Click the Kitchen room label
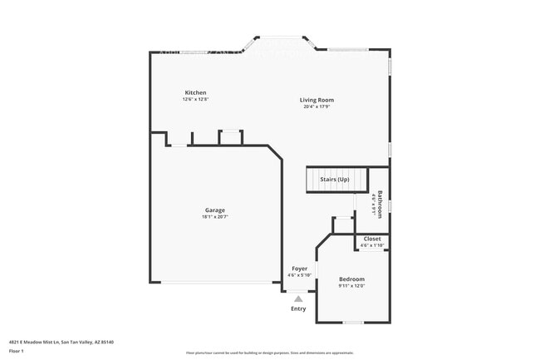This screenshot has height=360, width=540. coord(195,92)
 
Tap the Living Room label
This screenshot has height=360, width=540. coord(317,100)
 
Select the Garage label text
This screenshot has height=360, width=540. coord(214,210)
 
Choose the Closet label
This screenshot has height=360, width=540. coord(372,239)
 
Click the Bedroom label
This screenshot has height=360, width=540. coord(351,279)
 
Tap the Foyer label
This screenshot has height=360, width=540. coord(299,269)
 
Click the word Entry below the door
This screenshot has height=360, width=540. coord(298,308)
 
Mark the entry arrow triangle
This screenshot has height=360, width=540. coord(298,298)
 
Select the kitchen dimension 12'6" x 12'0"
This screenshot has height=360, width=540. coord(195,99)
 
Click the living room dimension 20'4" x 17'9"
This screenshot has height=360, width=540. coord(317,106)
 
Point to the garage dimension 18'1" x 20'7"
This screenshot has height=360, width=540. coord(214,216)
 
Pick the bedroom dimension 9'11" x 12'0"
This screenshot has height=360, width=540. coord(351,285)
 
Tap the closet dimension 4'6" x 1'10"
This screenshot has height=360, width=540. coord(372,245)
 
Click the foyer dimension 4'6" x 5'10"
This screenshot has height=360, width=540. coord(299,275)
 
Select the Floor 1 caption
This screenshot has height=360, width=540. coord(17,351)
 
